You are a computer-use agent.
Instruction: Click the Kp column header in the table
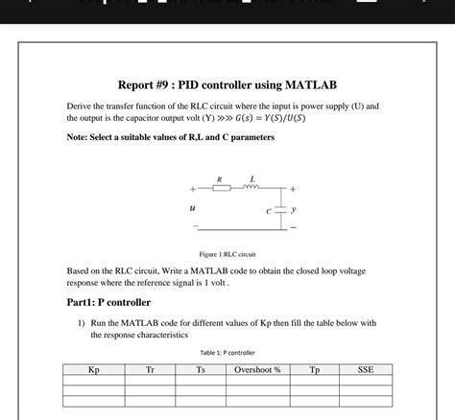93,369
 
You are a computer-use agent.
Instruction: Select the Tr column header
150,369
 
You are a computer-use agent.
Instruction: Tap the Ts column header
200,369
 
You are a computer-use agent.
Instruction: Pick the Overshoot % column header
257,369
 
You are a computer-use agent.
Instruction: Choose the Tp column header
315,369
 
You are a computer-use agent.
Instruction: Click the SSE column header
365,369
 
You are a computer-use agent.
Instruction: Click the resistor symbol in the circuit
221,188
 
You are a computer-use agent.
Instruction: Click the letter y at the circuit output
294,206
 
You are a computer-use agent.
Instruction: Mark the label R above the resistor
220,178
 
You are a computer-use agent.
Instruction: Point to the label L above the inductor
251,178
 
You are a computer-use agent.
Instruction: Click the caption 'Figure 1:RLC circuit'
227,254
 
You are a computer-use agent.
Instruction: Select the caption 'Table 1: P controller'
227,353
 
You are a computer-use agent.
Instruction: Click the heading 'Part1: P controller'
108,302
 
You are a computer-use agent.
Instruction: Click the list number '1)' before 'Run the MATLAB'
83,323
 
